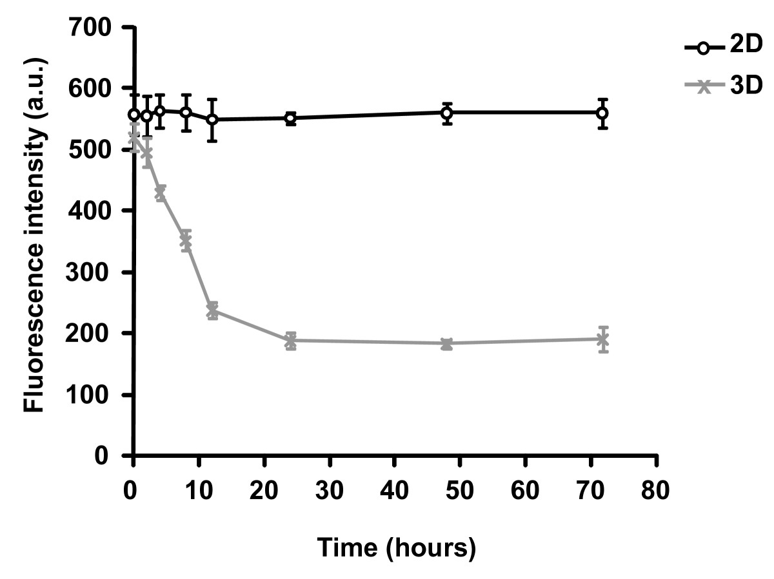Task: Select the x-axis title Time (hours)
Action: [397, 548]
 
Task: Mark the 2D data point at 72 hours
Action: [602, 113]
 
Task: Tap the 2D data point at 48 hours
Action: [446, 113]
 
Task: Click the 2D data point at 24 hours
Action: [290, 119]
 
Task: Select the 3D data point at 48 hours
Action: [446, 343]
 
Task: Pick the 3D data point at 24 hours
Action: [290, 341]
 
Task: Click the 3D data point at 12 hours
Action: [212, 311]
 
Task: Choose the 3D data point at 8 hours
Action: [186, 240]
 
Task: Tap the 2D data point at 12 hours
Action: [212, 120]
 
